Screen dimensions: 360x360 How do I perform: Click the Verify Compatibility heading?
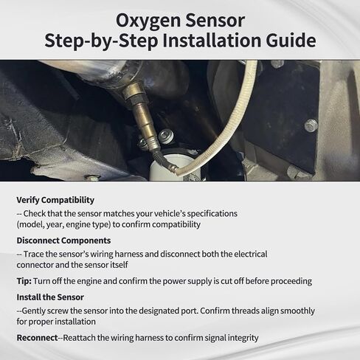tap(55, 200)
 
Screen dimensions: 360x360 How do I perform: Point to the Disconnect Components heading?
tap(63, 240)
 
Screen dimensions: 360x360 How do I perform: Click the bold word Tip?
tap(24, 281)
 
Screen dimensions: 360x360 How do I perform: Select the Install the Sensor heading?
tap(50, 297)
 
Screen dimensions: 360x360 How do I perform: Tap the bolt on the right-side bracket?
tap(311, 125)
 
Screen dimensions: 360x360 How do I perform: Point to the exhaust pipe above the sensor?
tap(81, 74)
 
